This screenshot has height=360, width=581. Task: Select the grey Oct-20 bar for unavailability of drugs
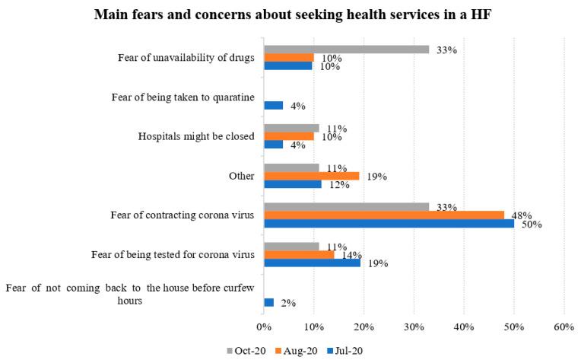[346, 49]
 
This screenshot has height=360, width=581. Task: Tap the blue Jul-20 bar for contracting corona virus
[389, 223]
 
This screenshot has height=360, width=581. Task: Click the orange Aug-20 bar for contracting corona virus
[383, 215]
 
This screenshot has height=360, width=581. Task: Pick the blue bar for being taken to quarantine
[273, 105]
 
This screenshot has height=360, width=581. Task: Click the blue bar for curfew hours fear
[268, 302]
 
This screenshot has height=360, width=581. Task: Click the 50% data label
[532, 224]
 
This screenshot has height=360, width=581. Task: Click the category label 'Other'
[240, 175]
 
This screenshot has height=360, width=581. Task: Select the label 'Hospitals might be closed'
[195, 136]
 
